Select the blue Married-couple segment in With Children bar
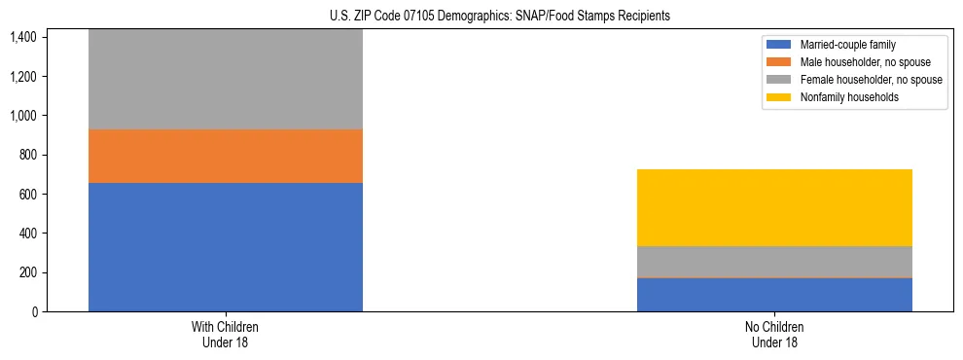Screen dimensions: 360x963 click(226, 247)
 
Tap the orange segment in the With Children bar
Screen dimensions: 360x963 click(226, 156)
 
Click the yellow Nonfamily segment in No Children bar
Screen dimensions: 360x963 click(774, 207)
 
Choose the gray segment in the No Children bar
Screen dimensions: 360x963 click(774, 261)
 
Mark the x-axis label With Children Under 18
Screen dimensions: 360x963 click(226, 334)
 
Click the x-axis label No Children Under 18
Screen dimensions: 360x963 click(774, 334)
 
